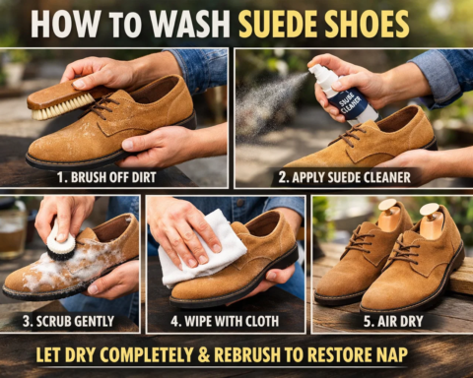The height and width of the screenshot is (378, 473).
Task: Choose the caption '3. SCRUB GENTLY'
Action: click(69, 320)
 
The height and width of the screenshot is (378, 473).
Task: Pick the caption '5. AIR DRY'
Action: click(390, 320)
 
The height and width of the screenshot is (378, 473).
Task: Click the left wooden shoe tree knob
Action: click(390, 211)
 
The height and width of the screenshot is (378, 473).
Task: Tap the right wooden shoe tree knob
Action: click(430, 215)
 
